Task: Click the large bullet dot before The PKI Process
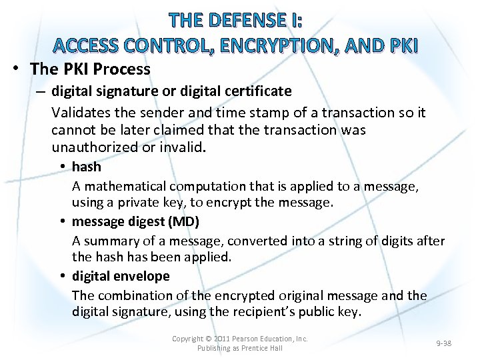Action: [x=16, y=69]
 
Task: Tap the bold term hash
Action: [x=86, y=167]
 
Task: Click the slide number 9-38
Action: [x=443, y=343]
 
